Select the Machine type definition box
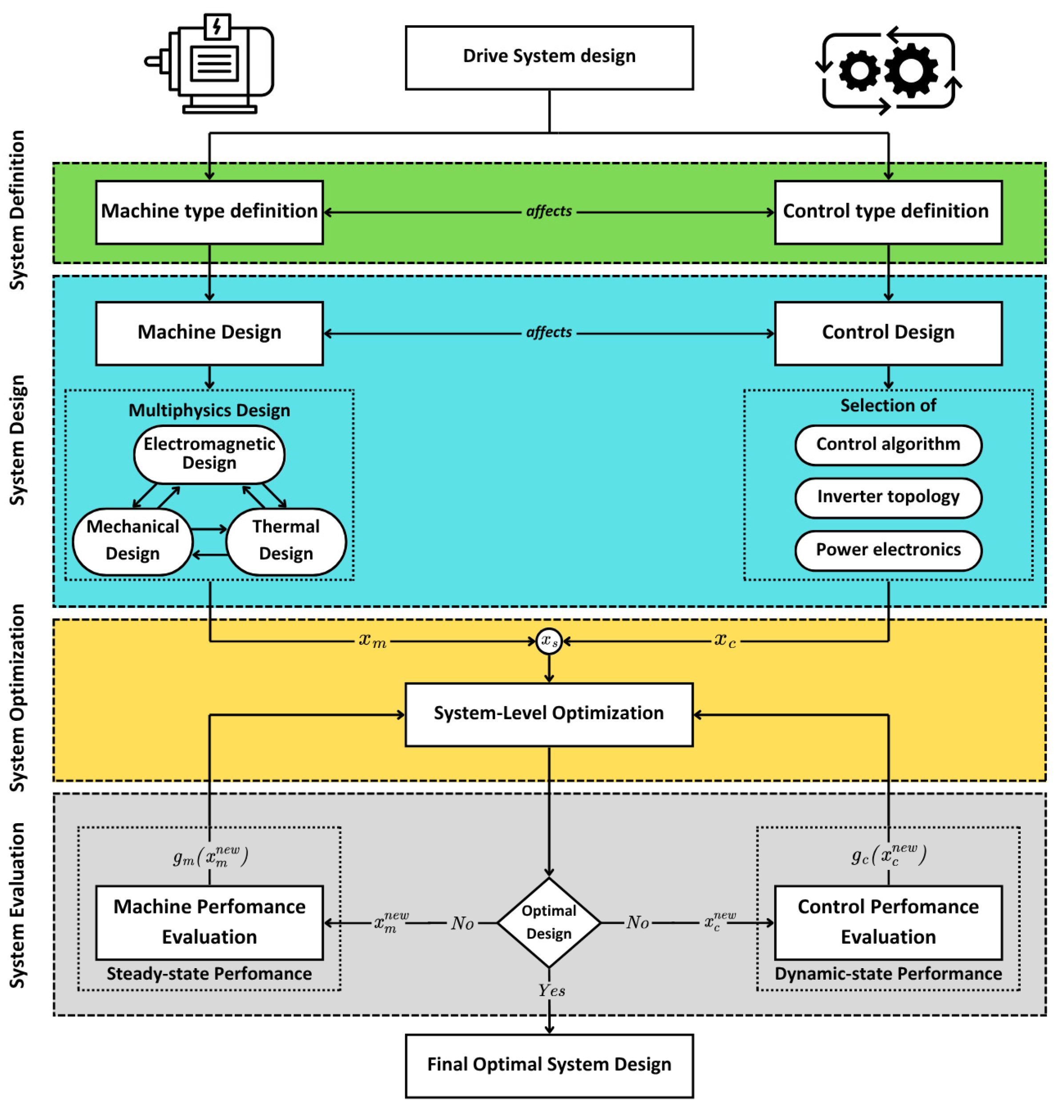click(x=209, y=212)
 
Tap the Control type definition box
click(x=888, y=212)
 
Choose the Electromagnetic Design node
click(x=209, y=454)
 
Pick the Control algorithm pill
click(x=888, y=445)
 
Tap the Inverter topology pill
click(x=888, y=498)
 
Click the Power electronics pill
click(x=888, y=551)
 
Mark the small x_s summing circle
click(x=549, y=641)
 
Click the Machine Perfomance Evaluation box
click(x=209, y=922)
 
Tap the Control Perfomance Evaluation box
click(x=888, y=922)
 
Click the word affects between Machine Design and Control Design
click(x=549, y=333)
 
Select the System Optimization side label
click(x=18, y=698)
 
